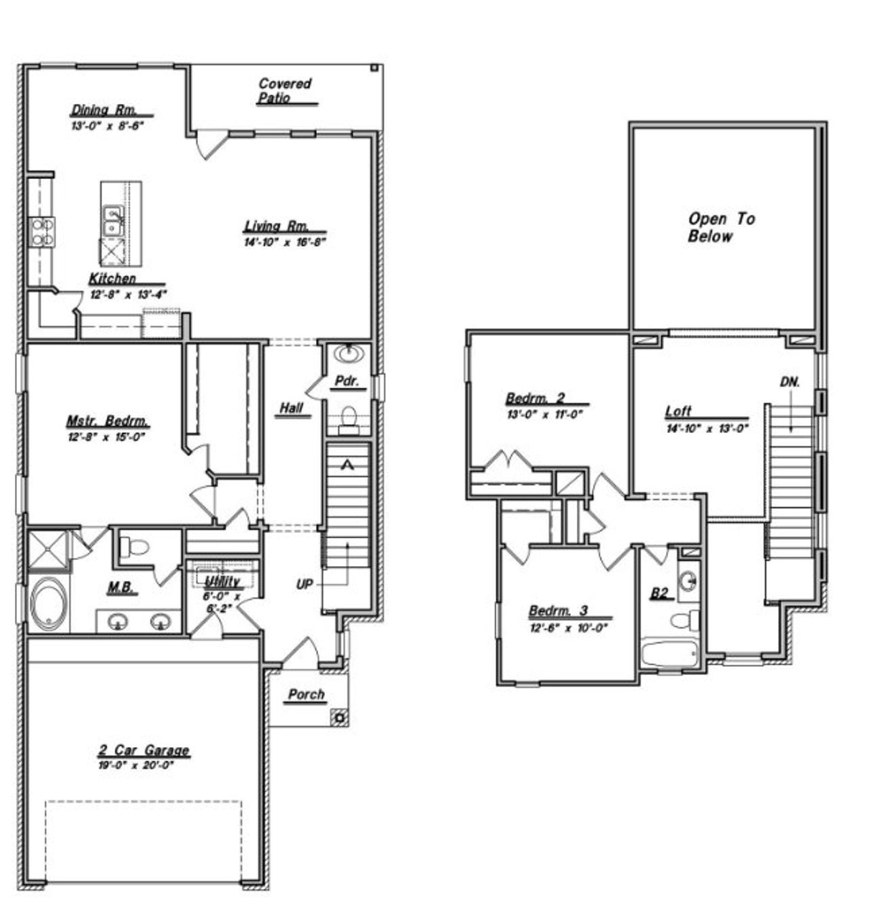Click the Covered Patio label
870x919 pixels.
[x=285, y=90]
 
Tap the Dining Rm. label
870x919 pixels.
[x=105, y=110]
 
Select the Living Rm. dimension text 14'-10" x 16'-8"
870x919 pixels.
[x=285, y=242]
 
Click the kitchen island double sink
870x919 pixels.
[x=113, y=220]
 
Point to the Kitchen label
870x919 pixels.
[x=113, y=279]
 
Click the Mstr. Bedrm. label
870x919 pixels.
[x=107, y=421]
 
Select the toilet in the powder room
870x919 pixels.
[x=349, y=418]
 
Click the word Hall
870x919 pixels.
[x=292, y=408]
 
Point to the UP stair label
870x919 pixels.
[x=304, y=584]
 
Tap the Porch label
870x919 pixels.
[x=307, y=695]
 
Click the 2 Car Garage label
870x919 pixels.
[x=143, y=750]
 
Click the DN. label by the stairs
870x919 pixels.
[x=790, y=383]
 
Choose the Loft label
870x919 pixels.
[x=678, y=411]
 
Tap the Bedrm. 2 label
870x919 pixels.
[x=535, y=398]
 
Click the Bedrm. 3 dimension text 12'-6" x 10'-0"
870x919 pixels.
[x=568, y=628]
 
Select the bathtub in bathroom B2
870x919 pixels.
[x=670, y=653]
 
